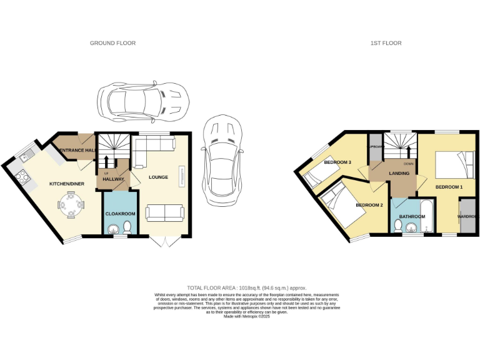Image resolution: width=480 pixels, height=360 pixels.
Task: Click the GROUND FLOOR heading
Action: (x=112, y=43)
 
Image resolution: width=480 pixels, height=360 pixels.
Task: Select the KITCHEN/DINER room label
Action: (x=66, y=184)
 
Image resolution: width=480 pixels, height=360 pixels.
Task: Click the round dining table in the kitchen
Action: (x=70, y=204)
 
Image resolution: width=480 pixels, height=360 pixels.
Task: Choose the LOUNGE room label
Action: (x=158, y=177)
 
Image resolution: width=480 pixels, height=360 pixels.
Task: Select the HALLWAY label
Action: (x=114, y=179)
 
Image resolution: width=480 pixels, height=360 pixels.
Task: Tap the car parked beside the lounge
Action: (x=221, y=160)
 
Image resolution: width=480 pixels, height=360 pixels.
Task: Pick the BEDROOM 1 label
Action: (x=449, y=187)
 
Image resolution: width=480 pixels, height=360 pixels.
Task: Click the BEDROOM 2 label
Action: (x=369, y=205)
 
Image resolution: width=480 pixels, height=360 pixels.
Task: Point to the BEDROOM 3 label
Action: (x=337, y=162)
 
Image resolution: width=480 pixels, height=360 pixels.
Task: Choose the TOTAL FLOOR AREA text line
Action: (x=240, y=288)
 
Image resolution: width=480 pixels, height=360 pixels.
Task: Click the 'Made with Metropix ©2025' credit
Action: (x=240, y=316)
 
